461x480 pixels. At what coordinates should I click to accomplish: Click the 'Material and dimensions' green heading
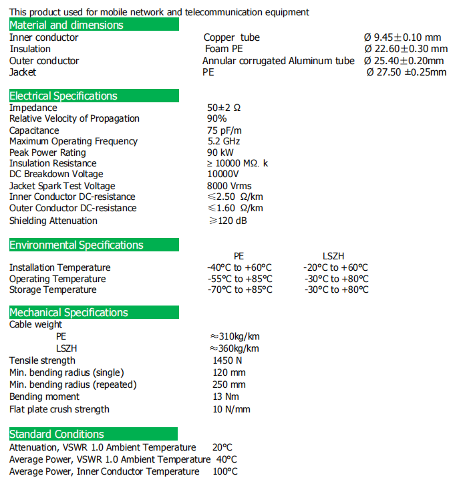click(x=66, y=25)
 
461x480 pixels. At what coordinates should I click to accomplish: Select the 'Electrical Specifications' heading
click(x=63, y=96)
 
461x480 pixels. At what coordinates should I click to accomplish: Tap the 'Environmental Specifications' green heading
click(x=76, y=245)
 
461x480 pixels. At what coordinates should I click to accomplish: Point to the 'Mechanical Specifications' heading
click(x=69, y=312)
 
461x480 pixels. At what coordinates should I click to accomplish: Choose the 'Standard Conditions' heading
click(x=57, y=434)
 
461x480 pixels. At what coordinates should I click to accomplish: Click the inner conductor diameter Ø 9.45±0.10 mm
click(x=403, y=37)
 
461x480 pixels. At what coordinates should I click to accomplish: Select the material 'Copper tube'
click(x=232, y=37)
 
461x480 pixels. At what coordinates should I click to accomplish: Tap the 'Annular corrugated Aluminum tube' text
click(x=279, y=61)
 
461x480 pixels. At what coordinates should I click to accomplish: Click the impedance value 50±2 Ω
click(x=224, y=108)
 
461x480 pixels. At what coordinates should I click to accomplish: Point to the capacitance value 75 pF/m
click(x=224, y=130)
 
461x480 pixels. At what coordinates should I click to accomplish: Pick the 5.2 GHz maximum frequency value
click(x=224, y=141)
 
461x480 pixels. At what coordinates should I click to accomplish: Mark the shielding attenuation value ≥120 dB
click(x=228, y=221)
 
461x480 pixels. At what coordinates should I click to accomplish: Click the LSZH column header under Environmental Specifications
click(x=333, y=256)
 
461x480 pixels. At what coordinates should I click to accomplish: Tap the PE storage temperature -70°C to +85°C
click(x=240, y=290)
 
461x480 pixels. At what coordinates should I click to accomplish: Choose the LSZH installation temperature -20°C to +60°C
click(x=335, y=267)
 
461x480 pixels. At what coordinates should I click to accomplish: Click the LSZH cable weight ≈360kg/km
click(x=235, y=348)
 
